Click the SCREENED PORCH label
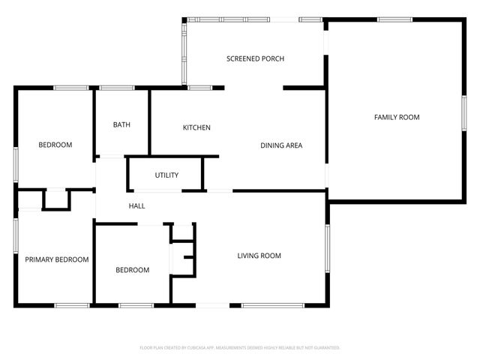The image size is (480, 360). click(256, 58)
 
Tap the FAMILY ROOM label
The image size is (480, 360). click(397, 117)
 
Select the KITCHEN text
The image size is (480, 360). click(196, 127)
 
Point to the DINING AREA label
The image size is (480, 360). click(281, 145)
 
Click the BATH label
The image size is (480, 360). click(121, 124)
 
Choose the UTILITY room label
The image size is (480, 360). click(166, 175)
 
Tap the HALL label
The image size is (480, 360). click(136, 206)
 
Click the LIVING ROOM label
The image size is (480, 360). click(259, 256)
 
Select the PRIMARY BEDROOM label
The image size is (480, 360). click(57, 259)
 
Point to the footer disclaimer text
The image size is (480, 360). click(240, 348)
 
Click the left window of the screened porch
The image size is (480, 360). click(183, 52)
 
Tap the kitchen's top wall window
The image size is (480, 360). click(199, 88)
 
